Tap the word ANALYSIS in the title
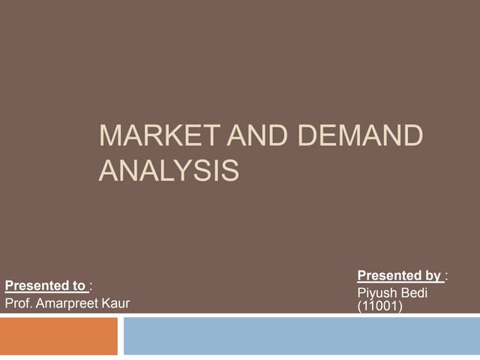tap(169, 170)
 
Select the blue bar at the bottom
tap(301, 336)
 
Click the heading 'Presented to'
tap(45, 285)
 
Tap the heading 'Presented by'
tap(399, 276)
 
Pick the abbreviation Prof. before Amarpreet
tap(18, 303)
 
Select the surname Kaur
tap(116, 303)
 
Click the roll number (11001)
tap(379, 306)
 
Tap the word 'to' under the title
tap(79, 285)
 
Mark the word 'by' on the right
tap(433, 276)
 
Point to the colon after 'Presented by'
tap(446, 277)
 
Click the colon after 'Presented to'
tap(91, 286)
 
